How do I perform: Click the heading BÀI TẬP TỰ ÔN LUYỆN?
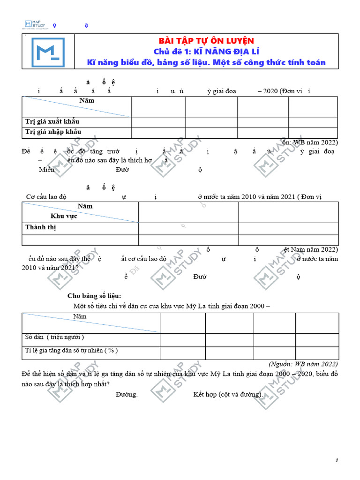[206, 41]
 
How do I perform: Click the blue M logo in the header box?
[48, 52]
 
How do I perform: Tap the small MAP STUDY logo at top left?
[34, 24]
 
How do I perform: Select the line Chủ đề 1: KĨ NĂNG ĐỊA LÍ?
[206, 52]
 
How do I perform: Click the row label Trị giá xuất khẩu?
[52, 122]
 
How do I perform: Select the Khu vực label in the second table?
[64, 216]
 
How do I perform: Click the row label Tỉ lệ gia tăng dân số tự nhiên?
[71, 350]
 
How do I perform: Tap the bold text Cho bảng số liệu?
[94, 296]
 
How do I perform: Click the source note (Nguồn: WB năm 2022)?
[303, 364]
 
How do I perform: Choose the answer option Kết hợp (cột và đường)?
[228, 394]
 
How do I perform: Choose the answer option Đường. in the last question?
[127, 394]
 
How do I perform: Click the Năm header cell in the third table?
[80, 317]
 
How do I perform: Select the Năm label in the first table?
[86, 100]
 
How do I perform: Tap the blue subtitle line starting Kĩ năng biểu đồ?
[206, 62]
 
